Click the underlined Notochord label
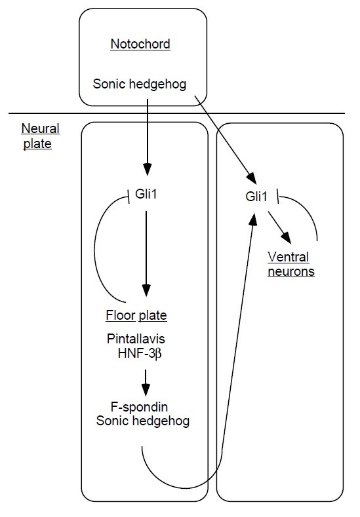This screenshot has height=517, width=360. tap(140, 44)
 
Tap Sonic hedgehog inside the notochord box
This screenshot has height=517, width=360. tap(140, 85)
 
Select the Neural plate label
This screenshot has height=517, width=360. tap(40, 136)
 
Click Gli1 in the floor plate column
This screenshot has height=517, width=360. tap(146, 194)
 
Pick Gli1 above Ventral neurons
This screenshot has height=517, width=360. tap(256, 197)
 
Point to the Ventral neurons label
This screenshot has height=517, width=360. tap(290, 264)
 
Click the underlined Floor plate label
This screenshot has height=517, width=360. tap(136, 316)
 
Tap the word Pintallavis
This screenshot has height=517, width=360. tap(136, 339)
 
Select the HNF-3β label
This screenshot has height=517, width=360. tap(140, 354)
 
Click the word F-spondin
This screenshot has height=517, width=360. tap(139, 407)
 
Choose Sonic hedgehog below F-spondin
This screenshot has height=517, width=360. tap(143, 421)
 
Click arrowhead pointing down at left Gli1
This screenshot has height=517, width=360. tap(147, 170)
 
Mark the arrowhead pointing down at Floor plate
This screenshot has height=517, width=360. tap(146, 290)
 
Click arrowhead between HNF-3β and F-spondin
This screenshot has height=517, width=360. tap(146, 390)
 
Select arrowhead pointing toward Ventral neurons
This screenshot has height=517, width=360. tap(286, 238)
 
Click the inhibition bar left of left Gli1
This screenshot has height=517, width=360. tap(129, 199)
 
